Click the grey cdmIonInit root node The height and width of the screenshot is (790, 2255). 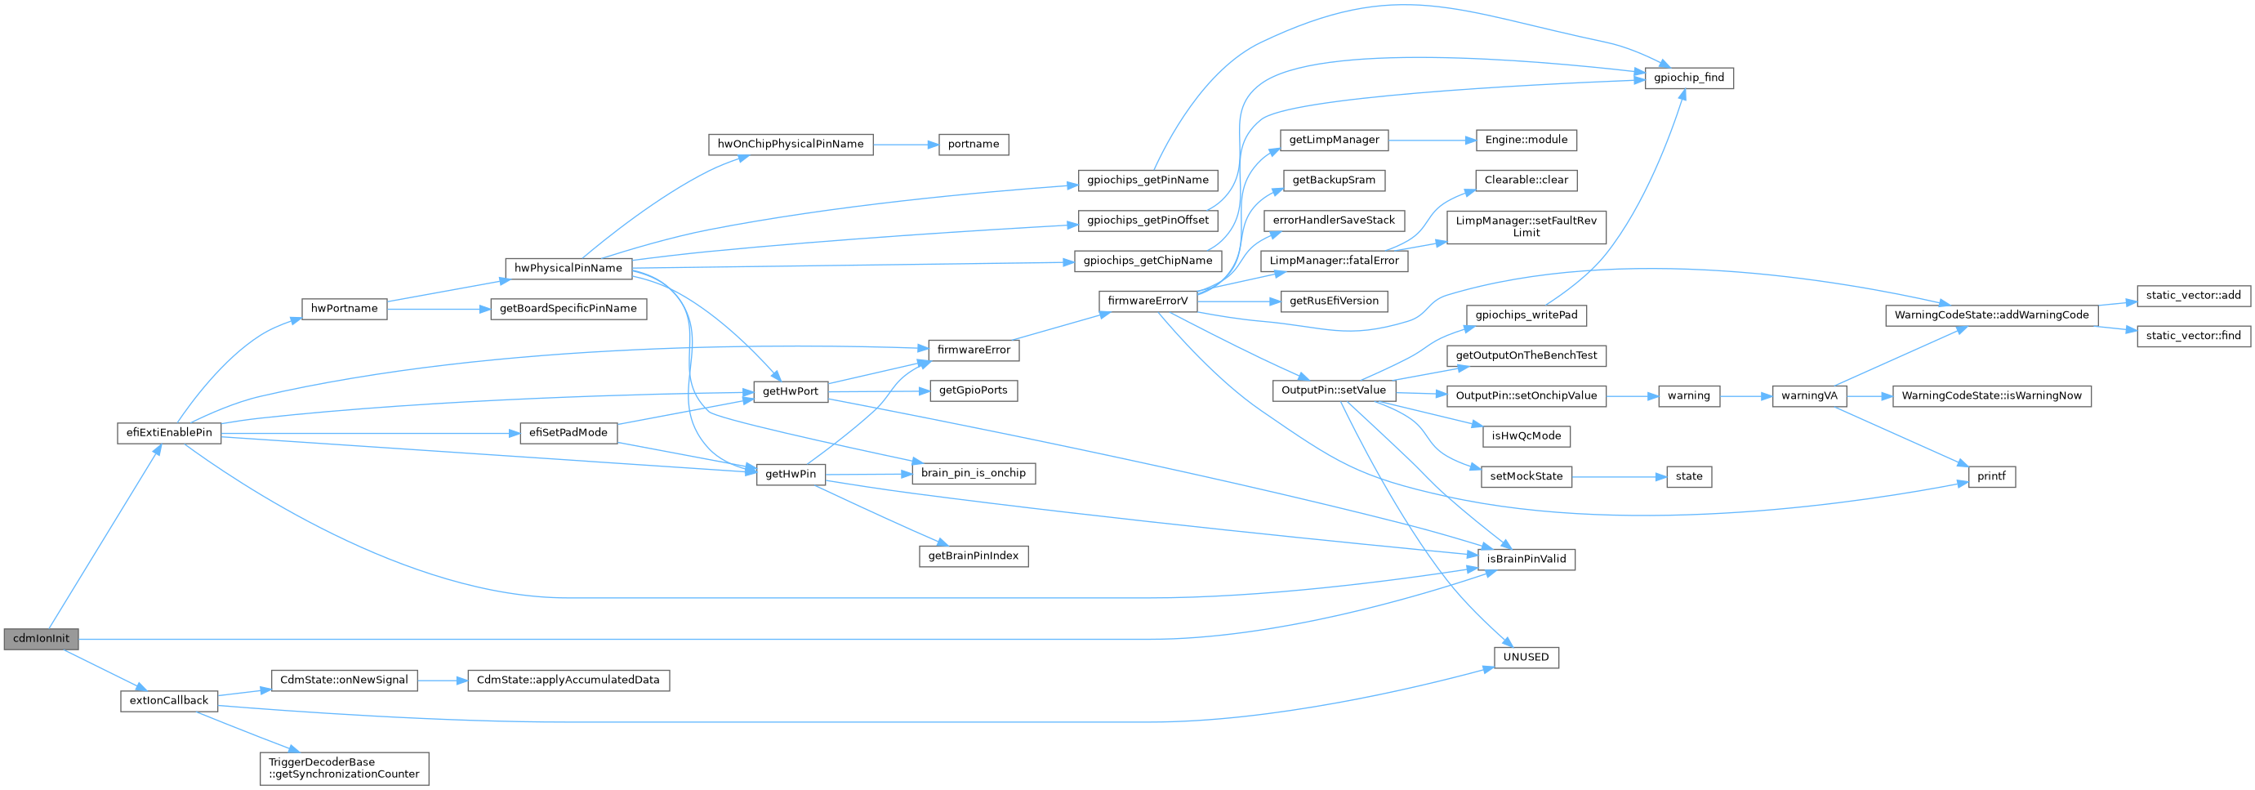coord(41,639)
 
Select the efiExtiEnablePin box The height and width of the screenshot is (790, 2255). coord(169,433)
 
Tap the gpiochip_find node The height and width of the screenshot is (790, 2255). coord(1689,78)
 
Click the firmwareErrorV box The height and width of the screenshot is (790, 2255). coord(1148,301)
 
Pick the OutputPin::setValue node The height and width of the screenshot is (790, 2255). coord(1333,391)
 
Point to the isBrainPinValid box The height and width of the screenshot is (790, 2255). coord(1526,559)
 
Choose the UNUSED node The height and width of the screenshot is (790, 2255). coord(1526,657)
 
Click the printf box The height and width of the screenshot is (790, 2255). coord(1990,476)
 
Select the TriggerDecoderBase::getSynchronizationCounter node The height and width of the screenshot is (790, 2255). coord(344,768)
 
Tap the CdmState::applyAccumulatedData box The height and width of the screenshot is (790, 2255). coord(568,680)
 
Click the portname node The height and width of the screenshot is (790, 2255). coord(974,145)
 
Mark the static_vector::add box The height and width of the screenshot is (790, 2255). coord(2193,295)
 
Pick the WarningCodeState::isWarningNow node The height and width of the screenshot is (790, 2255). coord(1991,396)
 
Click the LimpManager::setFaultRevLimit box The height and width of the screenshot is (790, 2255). coord(1526,227)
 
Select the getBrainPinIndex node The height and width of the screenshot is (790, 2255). coord(974,556)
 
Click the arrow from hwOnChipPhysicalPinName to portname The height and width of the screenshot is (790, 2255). coord(905,145)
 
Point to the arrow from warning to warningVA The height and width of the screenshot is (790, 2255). coord(1745,396)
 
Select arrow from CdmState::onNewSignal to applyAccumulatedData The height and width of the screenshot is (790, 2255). coord(442,680)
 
